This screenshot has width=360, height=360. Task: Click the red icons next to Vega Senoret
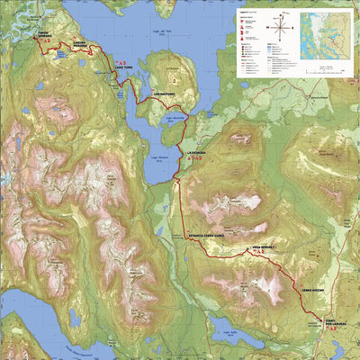click(261, 251)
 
